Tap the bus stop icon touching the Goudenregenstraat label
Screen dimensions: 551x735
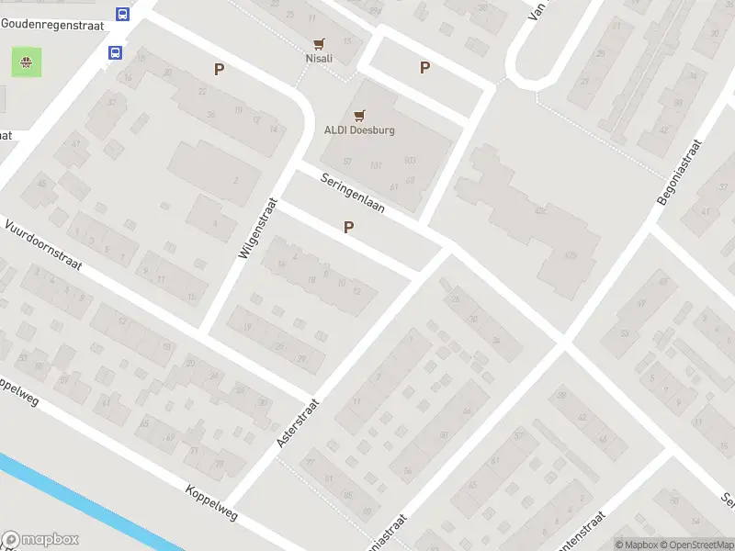pyautogui.click(x=123, y=14)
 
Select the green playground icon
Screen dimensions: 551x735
pyautogui.click(x=26, y=62)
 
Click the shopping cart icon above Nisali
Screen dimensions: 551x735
pyautogui.click(x=319, y=43)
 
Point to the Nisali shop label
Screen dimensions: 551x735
pyautogui.click(x=319, y=59)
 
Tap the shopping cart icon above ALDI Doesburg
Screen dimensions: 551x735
pyautogui.click(x=359, y=115)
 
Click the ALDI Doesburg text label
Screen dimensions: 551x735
pyautogui.click(x=359, y=130)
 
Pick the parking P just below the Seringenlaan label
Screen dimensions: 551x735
pyautogui.click(x=347, y=227)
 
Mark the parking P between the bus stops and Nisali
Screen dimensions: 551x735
pyautogui.click(x=219, y=69)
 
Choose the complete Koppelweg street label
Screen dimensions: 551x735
pyautogui.click(x=210, y=503)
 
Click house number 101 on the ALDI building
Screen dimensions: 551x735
pyautogui.click(x=375, y=165)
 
